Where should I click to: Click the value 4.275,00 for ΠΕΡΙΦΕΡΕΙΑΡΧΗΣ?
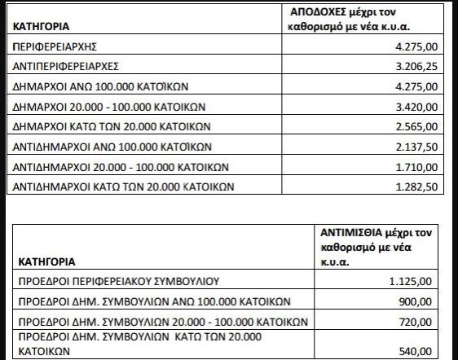click(425, 50)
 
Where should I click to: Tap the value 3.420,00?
click(425, 109)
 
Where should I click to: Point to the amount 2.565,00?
click(425, 129)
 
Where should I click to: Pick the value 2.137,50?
click(425, 148)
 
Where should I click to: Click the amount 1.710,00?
click(425, 168)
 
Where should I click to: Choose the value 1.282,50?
click(425, 187)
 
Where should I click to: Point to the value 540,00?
click(432, 352)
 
